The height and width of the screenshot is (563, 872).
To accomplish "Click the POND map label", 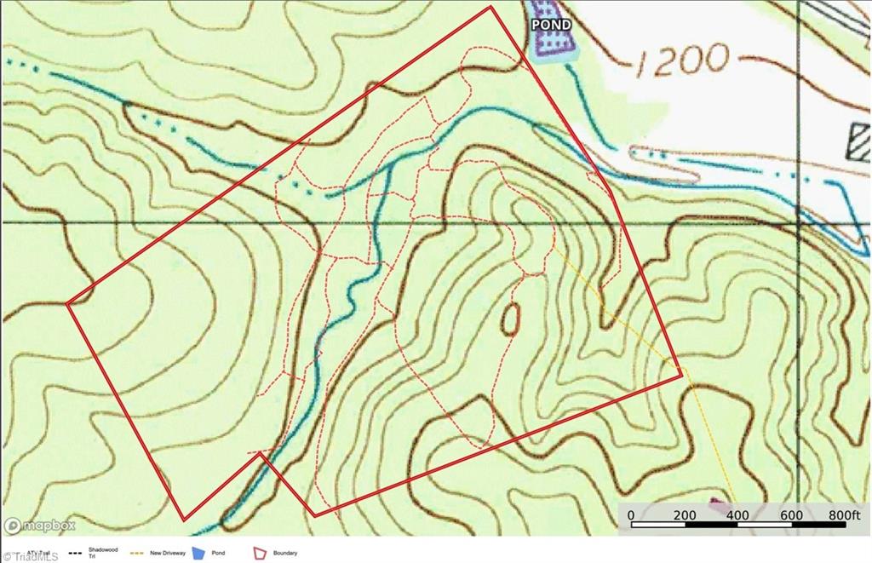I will pos(551,25).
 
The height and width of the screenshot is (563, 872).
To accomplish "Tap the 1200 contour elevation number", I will pos(681,60).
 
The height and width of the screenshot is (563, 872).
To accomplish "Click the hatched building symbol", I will pos(859,141).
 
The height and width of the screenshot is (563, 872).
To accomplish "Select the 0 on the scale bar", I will pos(631,515).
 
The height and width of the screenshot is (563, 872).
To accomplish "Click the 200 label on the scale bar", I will pos(685,515).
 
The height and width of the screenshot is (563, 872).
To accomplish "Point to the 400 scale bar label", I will pos(737,515).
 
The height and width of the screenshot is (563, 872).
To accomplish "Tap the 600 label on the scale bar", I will pos(790,515).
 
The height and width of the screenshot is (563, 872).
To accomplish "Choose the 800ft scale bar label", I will pos(843,515).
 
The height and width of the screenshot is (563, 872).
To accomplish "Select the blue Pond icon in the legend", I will pos(198,554).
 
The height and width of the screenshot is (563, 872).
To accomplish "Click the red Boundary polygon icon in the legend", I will pos(260,554).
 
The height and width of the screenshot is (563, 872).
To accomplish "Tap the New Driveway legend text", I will pos(168,553).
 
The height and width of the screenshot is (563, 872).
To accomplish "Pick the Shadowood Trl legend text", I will pos(100,553).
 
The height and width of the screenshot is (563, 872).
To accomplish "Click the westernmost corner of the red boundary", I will pos(67,302).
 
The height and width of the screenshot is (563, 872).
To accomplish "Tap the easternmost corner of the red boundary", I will pos(681,372).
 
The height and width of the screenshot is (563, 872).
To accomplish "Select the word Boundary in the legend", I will pos(285,554).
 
